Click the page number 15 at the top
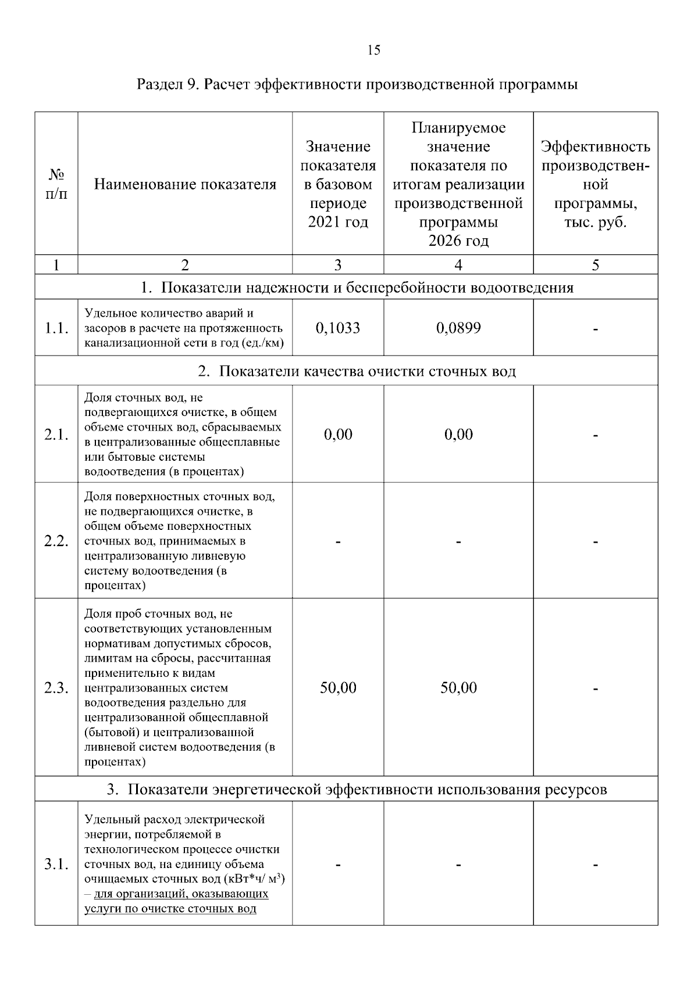(x=374, y=50)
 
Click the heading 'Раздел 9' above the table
(x=357, y=85)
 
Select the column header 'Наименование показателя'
(x=185, y=185)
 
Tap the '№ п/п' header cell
(x=56, y=184)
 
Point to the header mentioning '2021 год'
(x=338, y=184)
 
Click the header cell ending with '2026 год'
(x=458, y=184)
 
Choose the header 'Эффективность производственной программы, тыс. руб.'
(x=595, y=184)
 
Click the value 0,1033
(x=338, y=328)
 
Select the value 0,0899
(x=458, y=328)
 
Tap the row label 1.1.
(x=56, y=329)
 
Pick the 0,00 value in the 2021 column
(x=338, y=435)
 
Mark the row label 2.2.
(x=56, y=542)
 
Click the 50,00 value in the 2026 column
(x=458, y=688)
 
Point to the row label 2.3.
(x=56, y=689)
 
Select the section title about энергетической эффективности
(x=357, y=790)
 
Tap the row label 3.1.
(x=56, y=865)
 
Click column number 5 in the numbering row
(x=595, y=266)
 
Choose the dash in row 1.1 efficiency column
(x=596, y=330)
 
